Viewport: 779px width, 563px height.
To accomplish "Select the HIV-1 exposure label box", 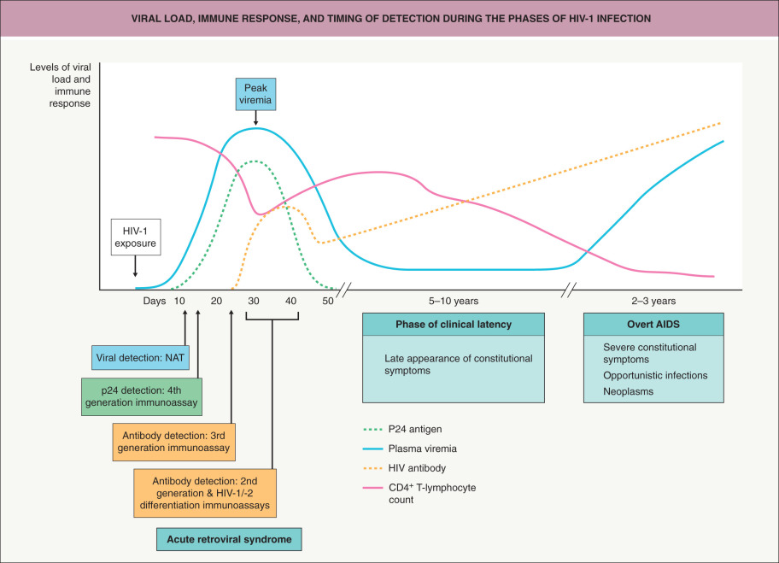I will coord(135,237).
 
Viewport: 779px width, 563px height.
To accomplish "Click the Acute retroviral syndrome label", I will coord(230,540).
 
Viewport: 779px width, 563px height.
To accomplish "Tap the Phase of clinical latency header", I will coord(454,325).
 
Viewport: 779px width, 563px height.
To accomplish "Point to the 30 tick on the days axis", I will coord(255,302).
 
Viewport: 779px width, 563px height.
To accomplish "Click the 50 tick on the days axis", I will coord(328,302).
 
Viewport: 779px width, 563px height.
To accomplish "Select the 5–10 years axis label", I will coord(453,302).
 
